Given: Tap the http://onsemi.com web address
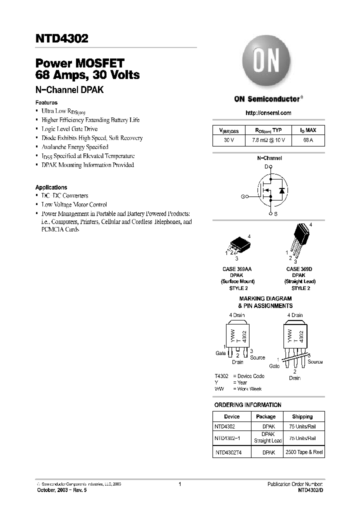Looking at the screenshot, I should coord(268,113).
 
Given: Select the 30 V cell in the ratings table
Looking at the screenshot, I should coord(229,140).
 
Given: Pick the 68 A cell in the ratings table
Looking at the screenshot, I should coord(308,140).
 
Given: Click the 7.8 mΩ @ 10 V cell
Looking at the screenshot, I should coord(268,140).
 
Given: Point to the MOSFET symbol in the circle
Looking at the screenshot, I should coord(270,191).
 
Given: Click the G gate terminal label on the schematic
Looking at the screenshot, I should coord(242,197).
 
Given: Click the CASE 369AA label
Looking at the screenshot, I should coord(237,269).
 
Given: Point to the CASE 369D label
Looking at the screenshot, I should coord(298,269).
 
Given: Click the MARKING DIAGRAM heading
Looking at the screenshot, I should coord(265,298).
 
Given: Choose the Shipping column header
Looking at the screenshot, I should coord(302,416).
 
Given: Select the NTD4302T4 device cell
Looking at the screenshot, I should coord(227,452).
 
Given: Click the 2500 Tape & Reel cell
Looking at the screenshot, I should coord(303,452).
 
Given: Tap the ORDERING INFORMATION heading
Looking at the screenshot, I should coord(247,404).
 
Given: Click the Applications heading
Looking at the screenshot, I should coord(51,187).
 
